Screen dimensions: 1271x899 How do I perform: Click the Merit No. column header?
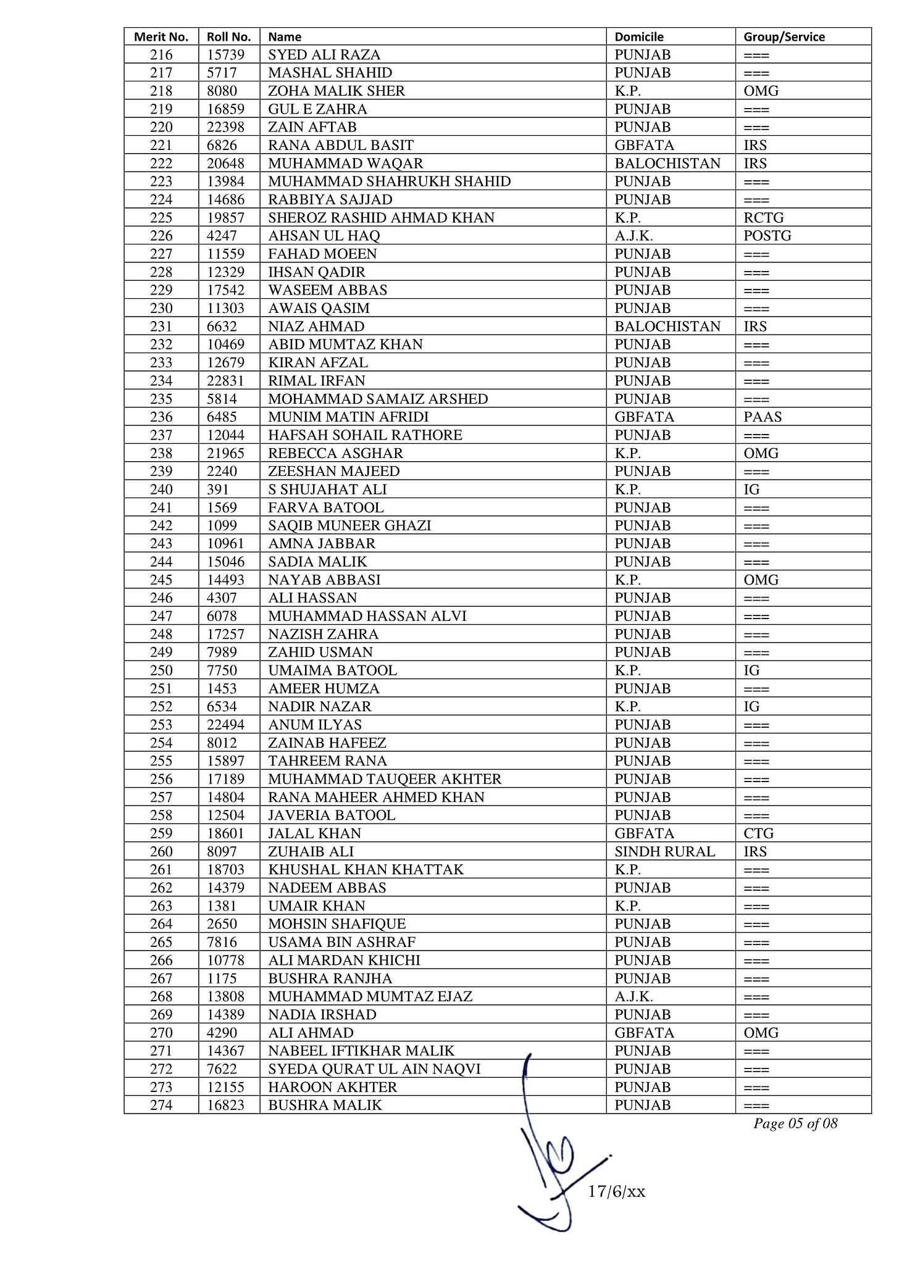161,36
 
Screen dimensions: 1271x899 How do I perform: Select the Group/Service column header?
784,36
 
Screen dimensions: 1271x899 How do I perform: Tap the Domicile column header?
639,36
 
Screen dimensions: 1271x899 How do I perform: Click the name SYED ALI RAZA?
324,55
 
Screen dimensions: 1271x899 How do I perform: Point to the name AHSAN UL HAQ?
324,236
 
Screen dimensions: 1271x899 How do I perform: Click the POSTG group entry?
767,236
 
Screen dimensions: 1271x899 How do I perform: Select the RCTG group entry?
763,218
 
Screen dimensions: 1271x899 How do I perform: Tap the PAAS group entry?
763,417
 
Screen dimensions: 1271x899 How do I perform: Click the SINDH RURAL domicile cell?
664,852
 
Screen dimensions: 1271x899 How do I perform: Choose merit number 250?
161,670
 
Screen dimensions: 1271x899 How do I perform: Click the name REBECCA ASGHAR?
335,453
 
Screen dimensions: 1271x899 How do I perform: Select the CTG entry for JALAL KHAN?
758,833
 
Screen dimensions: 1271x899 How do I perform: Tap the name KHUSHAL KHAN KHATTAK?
366,870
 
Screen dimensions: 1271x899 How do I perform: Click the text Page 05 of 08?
795,1123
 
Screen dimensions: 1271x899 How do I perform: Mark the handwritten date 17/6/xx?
616,1191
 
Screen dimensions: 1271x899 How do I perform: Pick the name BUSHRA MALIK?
325,1105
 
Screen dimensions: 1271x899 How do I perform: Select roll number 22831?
225,381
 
